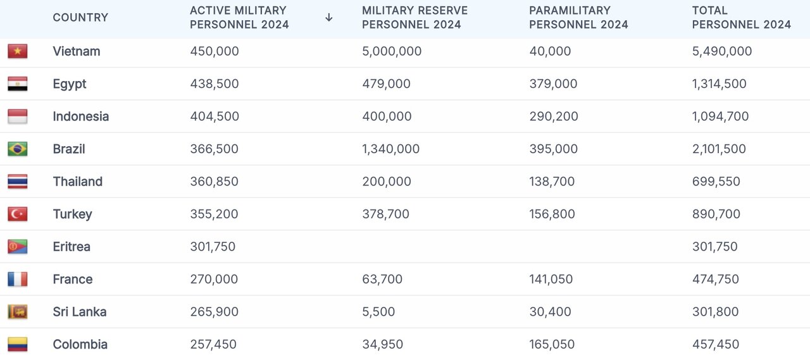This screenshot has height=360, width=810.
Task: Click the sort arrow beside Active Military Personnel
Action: (x=328, y=18)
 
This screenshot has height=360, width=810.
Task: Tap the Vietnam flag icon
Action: (x=18, y=51)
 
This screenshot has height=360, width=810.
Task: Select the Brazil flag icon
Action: (x=18, y=149)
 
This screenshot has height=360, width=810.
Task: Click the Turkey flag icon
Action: (x=18, y=214)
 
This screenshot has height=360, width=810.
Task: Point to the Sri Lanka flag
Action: (x=18, y=312)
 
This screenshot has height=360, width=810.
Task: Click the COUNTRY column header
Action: (x=80, y=18)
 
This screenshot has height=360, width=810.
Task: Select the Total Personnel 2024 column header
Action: (x=741, y=18)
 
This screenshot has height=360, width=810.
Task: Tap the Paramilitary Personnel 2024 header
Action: (x=578, y=18)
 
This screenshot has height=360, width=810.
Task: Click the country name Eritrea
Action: (x=72, y=247)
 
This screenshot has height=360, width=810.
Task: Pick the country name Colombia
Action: (x=80, y=345)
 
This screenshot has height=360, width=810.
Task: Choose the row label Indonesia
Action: (x=81, y=116)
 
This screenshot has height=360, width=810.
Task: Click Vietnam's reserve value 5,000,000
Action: (x=392, y=51)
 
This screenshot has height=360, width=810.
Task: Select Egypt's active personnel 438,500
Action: (x=215, y=84)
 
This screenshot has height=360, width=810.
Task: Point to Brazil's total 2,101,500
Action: (x=719, y=149)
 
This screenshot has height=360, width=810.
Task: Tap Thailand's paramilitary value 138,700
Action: (x=552, y=182)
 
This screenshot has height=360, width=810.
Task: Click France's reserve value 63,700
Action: (x=382, y=280)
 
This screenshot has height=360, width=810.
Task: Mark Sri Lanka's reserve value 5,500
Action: (x=378, y=312)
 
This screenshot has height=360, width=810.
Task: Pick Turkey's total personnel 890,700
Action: (x=716, y=214)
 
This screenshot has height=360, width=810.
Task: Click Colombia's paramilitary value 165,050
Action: (x=552, y=345)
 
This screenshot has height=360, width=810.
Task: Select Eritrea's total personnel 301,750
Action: (x=714, y=247)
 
